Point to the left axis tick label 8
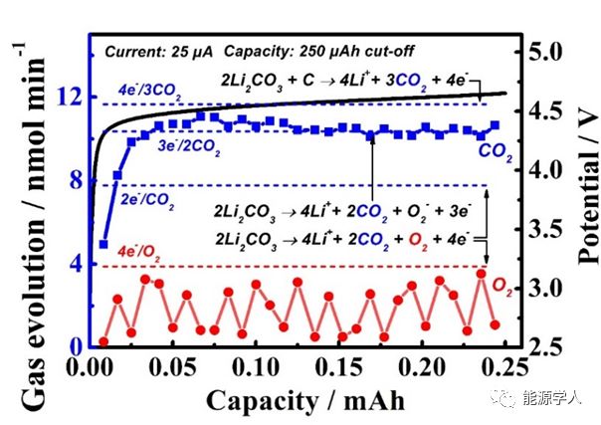[68, 181]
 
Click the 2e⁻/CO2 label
[147, 201]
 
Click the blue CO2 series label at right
[496, 151]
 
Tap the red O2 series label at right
[504, 286]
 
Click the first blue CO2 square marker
[103, 244]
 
